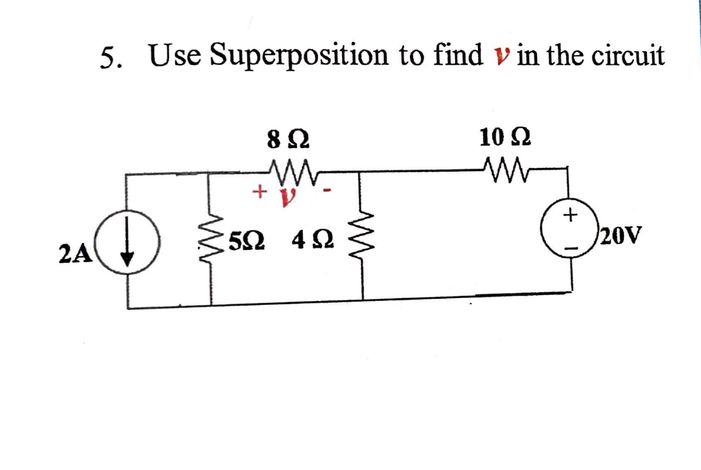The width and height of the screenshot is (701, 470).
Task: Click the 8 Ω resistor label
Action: (288, 140)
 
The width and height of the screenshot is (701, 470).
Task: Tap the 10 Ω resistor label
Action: (505, 138)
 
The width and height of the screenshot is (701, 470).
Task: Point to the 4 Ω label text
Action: (312, 241)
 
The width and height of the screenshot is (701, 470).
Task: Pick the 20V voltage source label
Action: (621, 235)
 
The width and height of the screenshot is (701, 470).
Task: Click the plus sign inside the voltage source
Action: (571, 215)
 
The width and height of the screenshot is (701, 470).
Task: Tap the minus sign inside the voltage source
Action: (571, 247)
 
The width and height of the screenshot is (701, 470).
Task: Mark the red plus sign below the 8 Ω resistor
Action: (258, 191)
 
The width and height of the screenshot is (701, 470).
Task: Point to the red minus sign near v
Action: (328, 191)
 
